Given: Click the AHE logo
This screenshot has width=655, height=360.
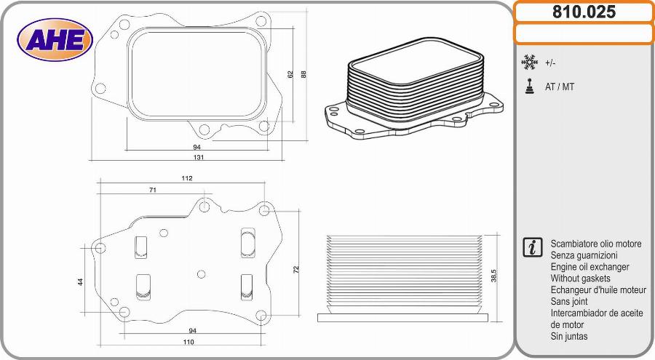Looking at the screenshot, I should coord(55,39).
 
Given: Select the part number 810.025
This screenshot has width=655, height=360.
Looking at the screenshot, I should coord(584,12).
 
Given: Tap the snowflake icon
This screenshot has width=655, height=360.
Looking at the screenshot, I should coord(529,63).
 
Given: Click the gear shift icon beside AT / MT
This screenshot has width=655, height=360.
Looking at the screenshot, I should coord(529,86).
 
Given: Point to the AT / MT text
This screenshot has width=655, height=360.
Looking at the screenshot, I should coord(560,87).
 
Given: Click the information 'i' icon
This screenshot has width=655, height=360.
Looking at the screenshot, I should coord(532,247).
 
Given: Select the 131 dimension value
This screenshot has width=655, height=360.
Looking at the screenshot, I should coord(199,157).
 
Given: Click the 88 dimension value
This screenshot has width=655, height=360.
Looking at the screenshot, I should coord(303,73).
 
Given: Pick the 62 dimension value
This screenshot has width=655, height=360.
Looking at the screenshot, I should coord(290,74).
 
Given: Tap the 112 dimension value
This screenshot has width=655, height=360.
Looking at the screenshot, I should coord(187,178).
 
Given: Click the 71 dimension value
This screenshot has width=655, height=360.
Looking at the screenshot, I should coord(153,190).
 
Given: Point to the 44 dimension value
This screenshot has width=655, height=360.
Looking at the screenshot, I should coord(81,281).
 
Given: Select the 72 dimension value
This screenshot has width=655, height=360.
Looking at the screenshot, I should coord(296,269).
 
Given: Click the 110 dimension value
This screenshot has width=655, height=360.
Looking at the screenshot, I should coord(188,342).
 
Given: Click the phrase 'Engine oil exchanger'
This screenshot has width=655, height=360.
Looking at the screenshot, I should coord(589,267).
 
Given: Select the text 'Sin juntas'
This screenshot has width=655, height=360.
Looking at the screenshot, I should coord(569,337).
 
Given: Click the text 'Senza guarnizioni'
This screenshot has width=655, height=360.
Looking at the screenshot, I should coord(584,255).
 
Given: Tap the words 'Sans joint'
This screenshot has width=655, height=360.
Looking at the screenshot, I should coord(571,301).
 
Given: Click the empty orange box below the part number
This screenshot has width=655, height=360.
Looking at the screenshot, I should coord(584,33).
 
